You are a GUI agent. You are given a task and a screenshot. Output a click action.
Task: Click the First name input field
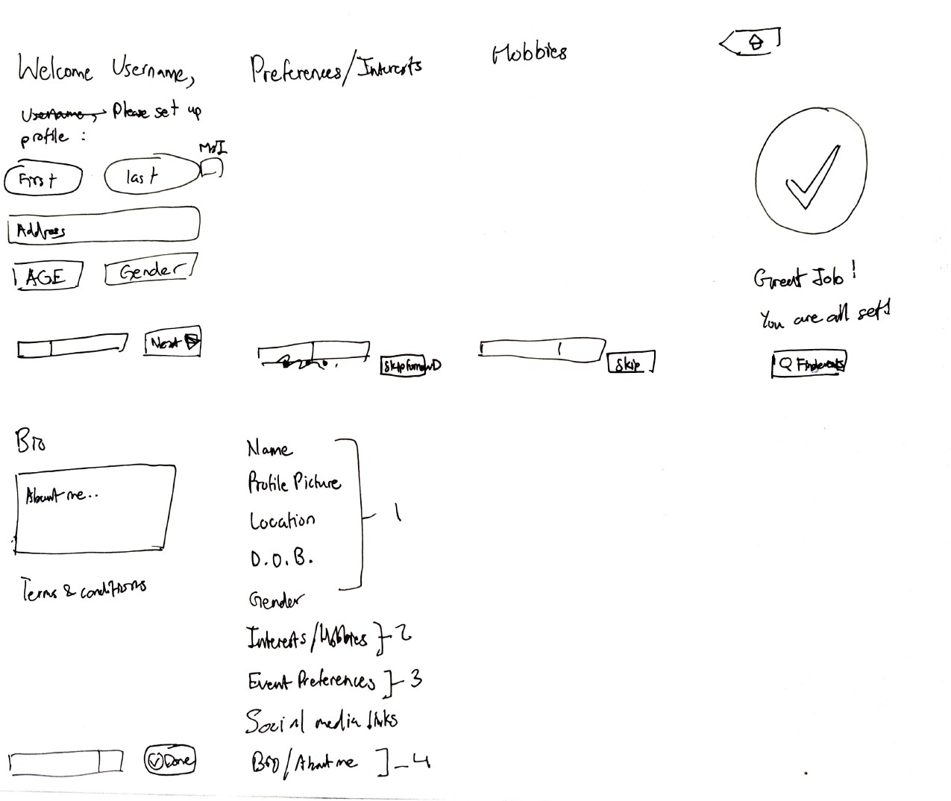point(43,179)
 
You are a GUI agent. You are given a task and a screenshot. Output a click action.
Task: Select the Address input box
point(104,225)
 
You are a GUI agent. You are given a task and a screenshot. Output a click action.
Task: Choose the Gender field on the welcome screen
point(151,270)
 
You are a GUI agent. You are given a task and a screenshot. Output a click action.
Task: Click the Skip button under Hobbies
point(630,363)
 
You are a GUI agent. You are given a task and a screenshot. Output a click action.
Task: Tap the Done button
point(169,761)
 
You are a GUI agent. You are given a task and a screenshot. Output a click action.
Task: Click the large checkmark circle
point(811,173)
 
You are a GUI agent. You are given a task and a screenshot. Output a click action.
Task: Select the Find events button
point(809,365)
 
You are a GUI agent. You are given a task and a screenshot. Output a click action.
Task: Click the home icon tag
point(753,42)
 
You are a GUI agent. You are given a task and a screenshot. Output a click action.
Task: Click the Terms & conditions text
point(83,590)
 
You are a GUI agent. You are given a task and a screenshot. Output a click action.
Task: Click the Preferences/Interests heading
point(336,69)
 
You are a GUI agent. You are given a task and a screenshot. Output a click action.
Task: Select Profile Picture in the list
point(294,483)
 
